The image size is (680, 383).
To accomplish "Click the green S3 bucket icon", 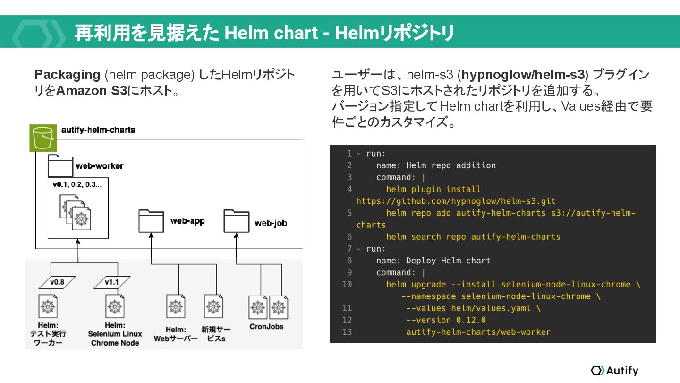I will coord(43,138).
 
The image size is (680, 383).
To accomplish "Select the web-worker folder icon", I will coord(60,166).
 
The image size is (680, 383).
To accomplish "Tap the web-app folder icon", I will coord(151,221).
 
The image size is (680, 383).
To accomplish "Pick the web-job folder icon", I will coord(236,221).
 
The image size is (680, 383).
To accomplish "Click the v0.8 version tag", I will coord(57,282).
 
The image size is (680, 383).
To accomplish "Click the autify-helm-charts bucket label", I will coord(98,130).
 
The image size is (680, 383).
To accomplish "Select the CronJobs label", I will coord(266,326).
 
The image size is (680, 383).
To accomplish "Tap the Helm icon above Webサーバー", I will coord(176,306).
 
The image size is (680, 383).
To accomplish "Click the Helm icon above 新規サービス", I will coord(213,306).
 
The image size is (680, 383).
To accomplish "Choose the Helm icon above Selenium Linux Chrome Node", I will coord(115,306).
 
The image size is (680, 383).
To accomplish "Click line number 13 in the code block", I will coord(347,332).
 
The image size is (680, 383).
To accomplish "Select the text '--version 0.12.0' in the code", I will coord(446,320).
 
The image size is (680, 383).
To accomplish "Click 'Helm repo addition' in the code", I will coord(451,165).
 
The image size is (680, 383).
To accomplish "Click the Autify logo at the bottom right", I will coord(614,370).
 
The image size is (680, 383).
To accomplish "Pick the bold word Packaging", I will coord(68,75).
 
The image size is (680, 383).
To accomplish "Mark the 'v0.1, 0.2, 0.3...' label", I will coord(77,184).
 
